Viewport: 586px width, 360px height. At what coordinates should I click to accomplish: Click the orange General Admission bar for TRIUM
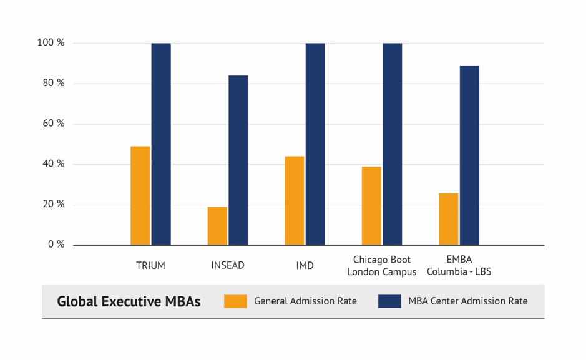[140, 195]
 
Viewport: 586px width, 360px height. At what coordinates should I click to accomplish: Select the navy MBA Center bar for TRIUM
[161, 144]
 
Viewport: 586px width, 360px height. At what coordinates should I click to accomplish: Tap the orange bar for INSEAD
[217, 225]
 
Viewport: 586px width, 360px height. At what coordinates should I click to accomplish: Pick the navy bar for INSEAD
[238, 160]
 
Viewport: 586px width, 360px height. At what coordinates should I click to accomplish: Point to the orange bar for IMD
[294, 200]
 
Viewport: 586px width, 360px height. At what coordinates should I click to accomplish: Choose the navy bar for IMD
[315, 144]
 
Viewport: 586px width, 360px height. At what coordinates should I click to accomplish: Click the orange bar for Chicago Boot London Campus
[371, 205]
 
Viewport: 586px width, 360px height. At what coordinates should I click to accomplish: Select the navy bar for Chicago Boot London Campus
[392, 144]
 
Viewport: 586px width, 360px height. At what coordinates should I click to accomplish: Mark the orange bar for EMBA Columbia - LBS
[448, 219]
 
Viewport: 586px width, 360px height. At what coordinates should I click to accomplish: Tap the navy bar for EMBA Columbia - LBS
[469, 155]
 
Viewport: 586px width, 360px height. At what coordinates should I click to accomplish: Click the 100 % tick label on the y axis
[51, 43]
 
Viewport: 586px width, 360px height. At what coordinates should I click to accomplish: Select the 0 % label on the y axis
[56, 245]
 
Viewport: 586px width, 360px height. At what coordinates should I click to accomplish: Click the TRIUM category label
[150, 266]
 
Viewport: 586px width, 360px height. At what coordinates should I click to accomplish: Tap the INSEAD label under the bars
[228, 266]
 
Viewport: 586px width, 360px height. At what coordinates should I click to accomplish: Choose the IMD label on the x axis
[305, 266]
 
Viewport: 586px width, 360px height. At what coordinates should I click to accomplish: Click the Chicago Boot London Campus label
[381, 266]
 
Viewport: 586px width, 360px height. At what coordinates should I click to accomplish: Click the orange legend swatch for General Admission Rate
[235, 301]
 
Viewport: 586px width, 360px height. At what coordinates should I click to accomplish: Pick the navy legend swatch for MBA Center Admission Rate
[389, 301]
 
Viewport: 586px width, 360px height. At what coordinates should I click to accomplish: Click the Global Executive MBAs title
[129, 301]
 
